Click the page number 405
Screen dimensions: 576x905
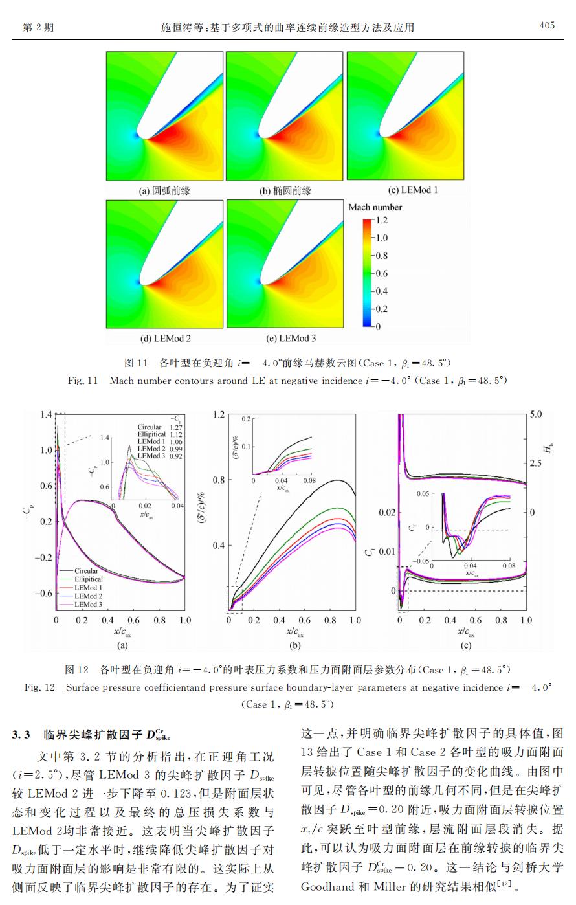[547, 25]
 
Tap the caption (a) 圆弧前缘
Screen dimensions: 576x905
[164, 191]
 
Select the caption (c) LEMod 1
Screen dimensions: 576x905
[412, 190]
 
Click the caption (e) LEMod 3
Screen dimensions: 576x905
[291, 338]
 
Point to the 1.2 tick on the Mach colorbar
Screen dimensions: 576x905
[381, 220]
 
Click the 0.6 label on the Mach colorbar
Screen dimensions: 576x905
[381, 274]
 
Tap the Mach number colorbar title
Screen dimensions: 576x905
[375, 207]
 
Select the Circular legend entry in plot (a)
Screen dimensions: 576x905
[86, 570]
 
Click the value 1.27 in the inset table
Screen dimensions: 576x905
[175, 427]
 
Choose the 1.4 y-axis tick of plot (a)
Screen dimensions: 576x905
[46, 414]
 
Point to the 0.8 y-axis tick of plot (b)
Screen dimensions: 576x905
[219, 480]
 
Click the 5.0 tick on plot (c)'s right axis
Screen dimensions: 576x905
[536, 414]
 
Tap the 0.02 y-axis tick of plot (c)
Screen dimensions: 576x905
[387, 512]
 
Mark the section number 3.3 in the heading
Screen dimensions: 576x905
[21, 734]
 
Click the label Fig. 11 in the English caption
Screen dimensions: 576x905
[83, 381]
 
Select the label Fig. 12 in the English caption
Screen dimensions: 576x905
[39, 687]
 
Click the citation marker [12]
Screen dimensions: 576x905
[505, 884]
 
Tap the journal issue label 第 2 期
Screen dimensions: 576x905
[38, 27]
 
